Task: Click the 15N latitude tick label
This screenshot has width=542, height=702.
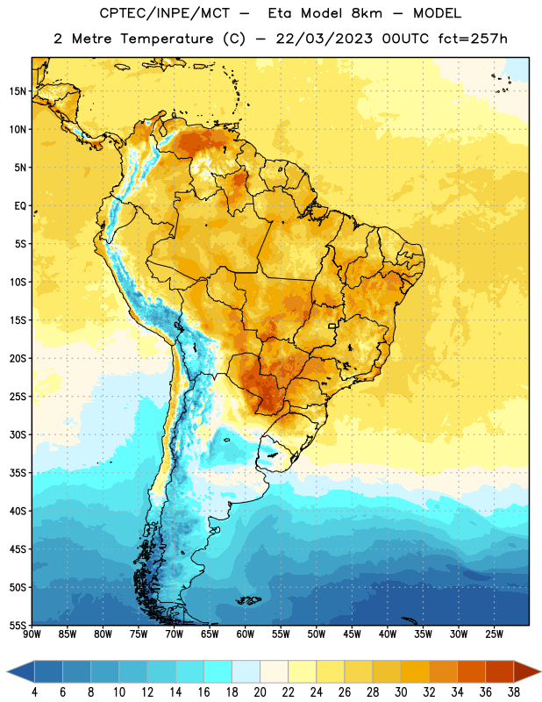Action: coord(18,91)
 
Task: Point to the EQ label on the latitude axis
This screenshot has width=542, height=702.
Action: coord(20,206)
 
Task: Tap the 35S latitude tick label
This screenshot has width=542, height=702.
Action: coord(18,473)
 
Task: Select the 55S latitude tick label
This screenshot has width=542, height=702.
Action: coord(18,625)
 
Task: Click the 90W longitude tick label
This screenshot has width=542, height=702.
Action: coord(32,634)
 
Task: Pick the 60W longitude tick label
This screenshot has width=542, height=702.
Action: coord(246,634)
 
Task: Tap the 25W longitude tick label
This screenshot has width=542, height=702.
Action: coord(494,634)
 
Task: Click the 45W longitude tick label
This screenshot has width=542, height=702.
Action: coord(352,634)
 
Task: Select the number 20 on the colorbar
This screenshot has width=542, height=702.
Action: coord(260,692)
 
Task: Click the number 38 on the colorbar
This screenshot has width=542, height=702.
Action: coord(514,692)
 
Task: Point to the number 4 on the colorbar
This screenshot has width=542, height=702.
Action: coord(34,692)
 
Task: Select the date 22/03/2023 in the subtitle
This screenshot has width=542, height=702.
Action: coord(324,39)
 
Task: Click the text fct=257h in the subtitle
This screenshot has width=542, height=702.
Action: coord(473,39)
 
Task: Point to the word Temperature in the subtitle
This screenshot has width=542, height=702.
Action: coord(167,39)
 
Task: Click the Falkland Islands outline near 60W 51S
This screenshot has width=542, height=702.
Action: coord(248,600)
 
